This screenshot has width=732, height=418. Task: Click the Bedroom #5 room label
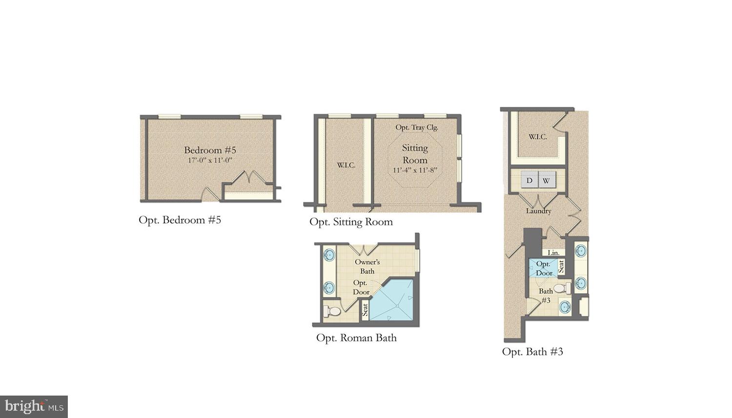[x=210, y=150]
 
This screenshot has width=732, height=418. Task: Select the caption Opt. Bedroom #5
[x=180, y=220]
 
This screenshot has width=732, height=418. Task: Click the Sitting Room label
[x=415, y=154]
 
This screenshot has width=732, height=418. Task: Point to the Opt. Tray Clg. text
[x=417, y=127]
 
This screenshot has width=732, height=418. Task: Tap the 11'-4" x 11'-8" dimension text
[x=415, y=170]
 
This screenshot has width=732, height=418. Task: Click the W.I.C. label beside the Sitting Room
[x=346, y=165]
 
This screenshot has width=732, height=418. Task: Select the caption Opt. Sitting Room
[x=351, y=222]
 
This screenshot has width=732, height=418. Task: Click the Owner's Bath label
[x=367, y=266]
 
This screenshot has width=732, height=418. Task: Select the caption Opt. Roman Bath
[x=356, y=338]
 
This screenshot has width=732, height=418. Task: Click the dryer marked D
[x=529, y=180]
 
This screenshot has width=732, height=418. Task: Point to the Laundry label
[x=539, y=211]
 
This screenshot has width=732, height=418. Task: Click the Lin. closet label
[x=553, y=253]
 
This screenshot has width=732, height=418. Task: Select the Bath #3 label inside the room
[x=546, y=296]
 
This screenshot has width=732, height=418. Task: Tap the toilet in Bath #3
[x=562, y=288]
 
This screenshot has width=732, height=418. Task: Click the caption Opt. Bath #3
[x=532, y=352]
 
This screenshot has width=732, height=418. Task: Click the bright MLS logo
[x=34, y=407]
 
